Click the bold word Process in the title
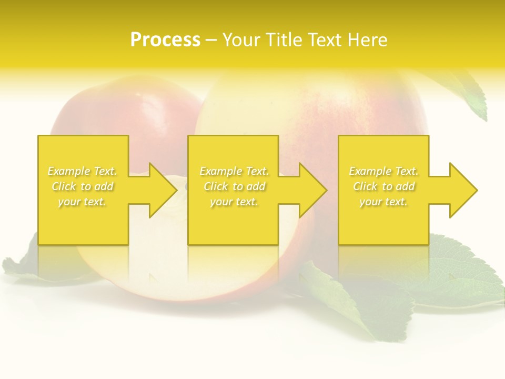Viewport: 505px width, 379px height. pos(165,40)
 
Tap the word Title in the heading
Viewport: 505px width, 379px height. pos(284,40)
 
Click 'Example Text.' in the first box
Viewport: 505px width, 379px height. pos(83,171)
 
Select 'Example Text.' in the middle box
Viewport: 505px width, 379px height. pos(234,171)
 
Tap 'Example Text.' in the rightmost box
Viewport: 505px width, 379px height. pos(383,171)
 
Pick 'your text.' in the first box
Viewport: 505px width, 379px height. pos(82,202)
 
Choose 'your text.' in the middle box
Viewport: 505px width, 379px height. pos(234,202)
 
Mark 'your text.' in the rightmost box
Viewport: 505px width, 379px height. pos(383,202)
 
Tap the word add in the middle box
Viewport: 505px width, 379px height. pos(256,186)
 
